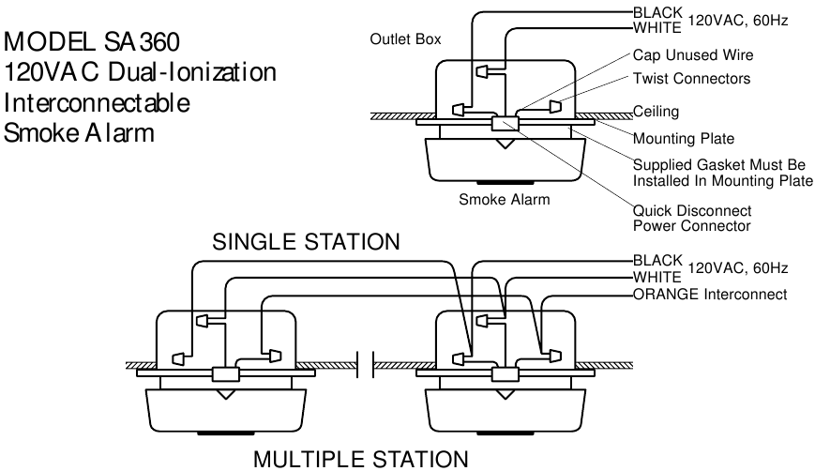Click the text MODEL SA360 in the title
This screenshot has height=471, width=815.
tap(92, 42)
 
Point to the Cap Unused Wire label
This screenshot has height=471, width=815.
tap(693, 55)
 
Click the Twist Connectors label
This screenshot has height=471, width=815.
tap(691, 79)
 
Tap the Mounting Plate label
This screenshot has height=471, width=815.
tap(684, 139)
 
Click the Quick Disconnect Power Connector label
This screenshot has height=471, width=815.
tap(692, 218)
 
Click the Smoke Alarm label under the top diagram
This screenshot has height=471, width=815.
tap(504, 199)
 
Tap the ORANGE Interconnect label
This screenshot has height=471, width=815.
tap(710, 295)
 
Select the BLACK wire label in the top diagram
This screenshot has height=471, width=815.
tap(657, 12)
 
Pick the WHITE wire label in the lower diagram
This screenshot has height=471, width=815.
tap(657, 279)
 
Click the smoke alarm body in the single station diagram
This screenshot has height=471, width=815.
tap(505, 158)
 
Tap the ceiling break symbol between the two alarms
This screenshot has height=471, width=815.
tap(366, 363)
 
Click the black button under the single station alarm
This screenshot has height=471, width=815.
tap(504, 183)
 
